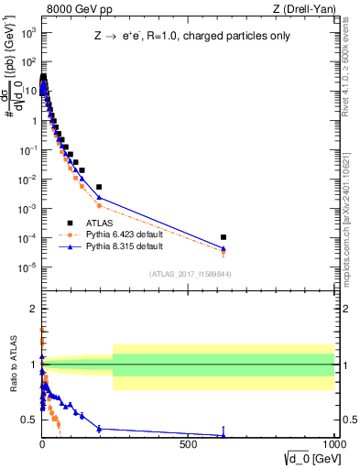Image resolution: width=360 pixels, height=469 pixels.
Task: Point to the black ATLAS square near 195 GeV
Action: pos(99,187)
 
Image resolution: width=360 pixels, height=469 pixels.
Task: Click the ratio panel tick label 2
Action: pos(34,308)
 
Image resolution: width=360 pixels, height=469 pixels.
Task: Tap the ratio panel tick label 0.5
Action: pos(29,420)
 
